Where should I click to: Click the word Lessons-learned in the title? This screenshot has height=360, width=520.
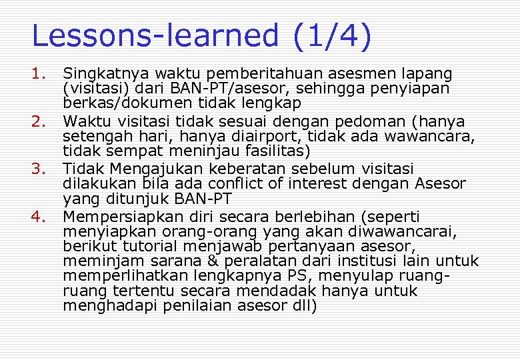tap(155, 36)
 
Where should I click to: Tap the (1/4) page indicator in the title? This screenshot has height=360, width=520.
tap(331, 36)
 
